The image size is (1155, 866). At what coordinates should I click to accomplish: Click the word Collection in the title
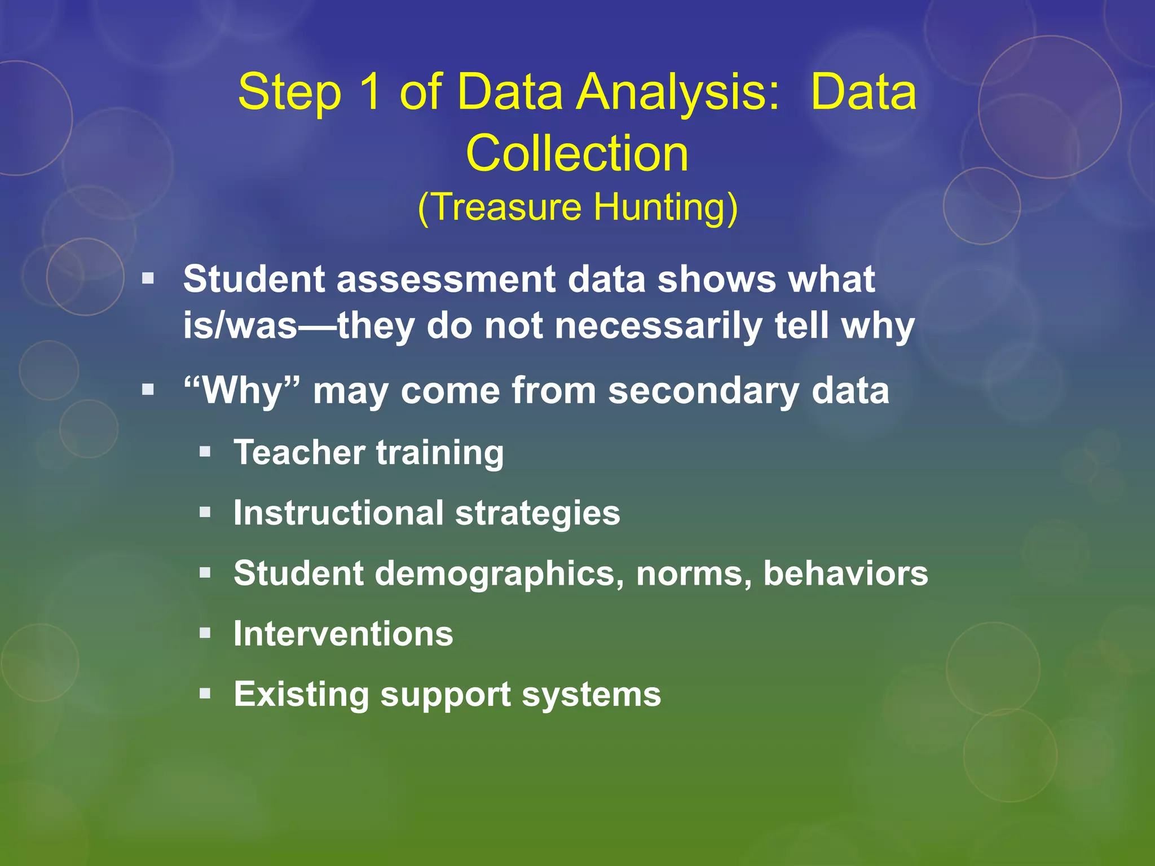tap(577, 153)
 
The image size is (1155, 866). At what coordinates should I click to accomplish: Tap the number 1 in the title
tap(370, 92)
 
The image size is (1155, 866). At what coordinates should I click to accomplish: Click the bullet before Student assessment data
tap(148, 278)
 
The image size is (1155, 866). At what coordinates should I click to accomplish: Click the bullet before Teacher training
tap(205, 452)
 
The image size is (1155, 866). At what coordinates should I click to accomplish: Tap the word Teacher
tap(299, 452)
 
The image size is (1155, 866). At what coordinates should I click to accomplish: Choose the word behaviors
tap(845, 573)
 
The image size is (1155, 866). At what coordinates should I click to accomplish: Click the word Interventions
tap(343, 634)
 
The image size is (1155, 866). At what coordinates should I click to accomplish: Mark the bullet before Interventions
tap(205, 633)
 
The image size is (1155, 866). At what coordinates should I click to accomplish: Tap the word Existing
tap(301, 695)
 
